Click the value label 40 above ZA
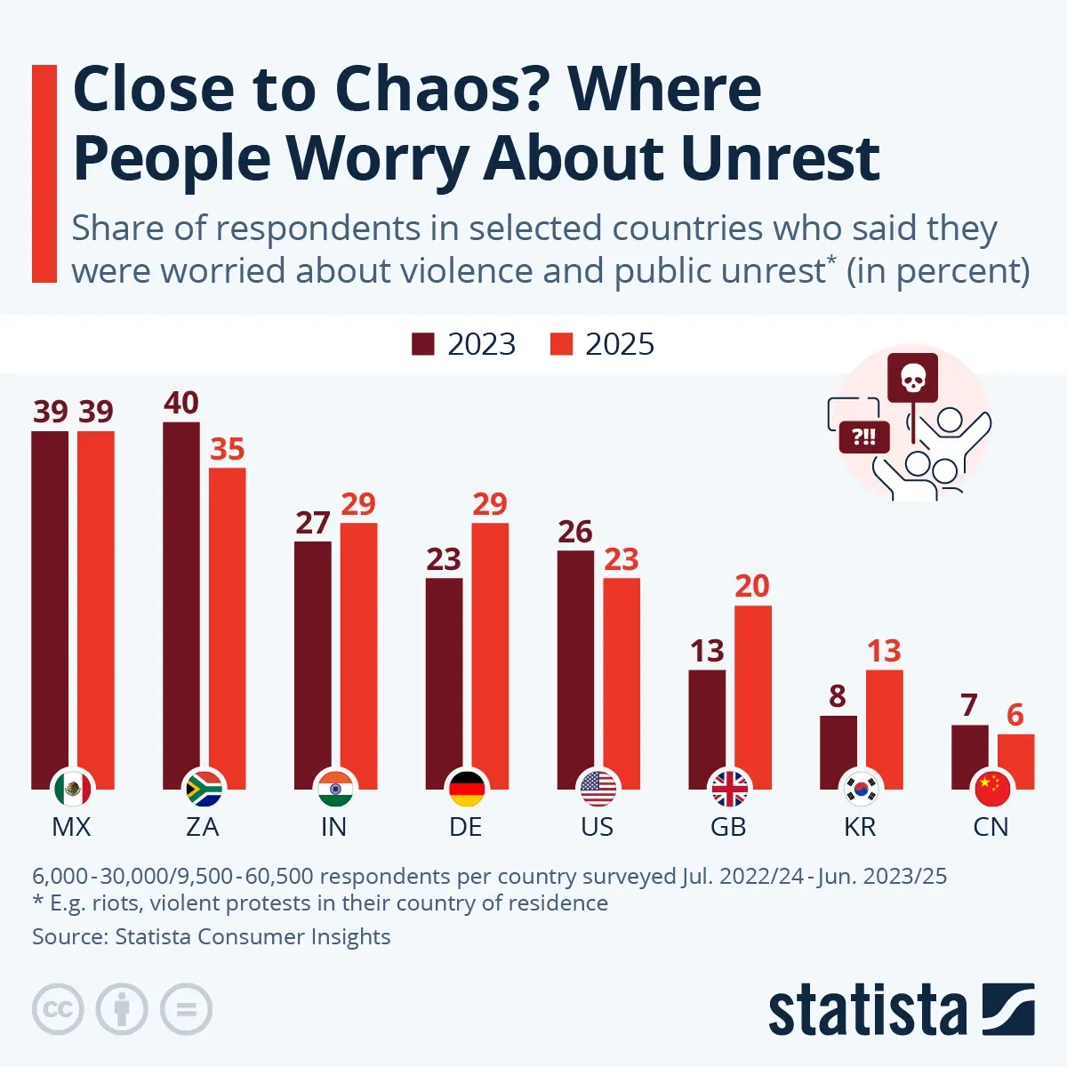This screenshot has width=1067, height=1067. [181, 403]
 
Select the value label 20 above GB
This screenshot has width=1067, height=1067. [752, 586]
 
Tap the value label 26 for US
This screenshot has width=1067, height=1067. [575, 532]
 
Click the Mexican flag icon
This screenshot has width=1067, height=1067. [72, 788]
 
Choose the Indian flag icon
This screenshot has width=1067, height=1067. [334, 788]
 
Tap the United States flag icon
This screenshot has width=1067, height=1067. [598, 788]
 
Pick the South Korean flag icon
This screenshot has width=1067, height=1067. [861, 788]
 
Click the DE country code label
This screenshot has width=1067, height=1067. [466, 827]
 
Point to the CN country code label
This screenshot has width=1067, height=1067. [991, 827]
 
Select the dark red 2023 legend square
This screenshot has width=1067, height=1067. [422, 344]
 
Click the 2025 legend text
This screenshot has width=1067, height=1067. [619, 344]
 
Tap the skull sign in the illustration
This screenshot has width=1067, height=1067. [912, 378]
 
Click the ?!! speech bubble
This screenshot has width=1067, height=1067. [864, 437]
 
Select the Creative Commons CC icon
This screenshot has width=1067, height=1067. [58, 1009]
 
